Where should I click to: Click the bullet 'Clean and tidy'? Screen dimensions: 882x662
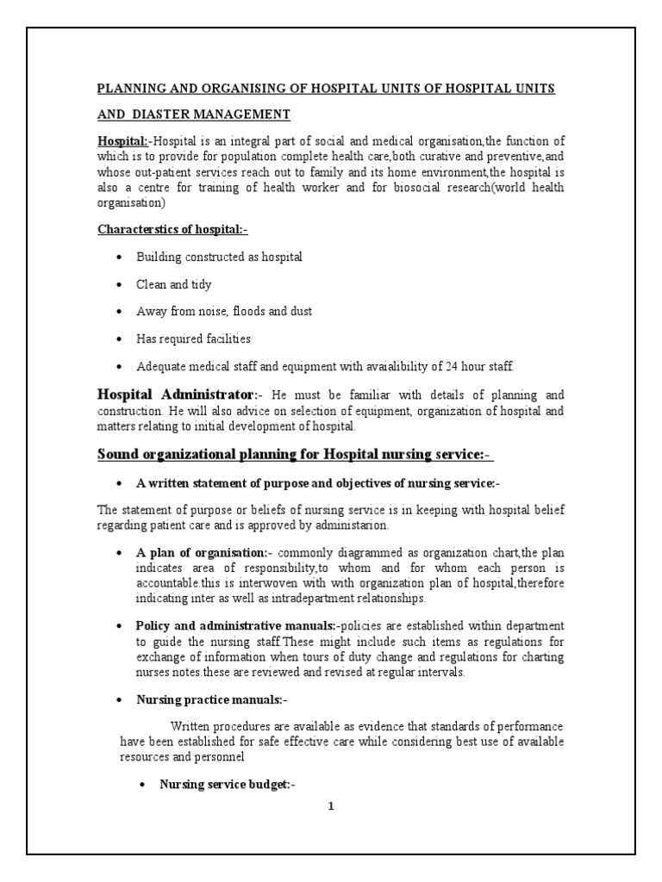coord(173,284)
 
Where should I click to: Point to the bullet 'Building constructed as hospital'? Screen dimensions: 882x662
coord(219,258)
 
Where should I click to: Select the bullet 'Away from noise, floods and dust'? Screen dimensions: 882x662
coord(224,311)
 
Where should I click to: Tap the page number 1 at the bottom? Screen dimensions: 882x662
coord(330,808)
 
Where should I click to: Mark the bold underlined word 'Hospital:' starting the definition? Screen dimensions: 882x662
coord(122,140)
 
